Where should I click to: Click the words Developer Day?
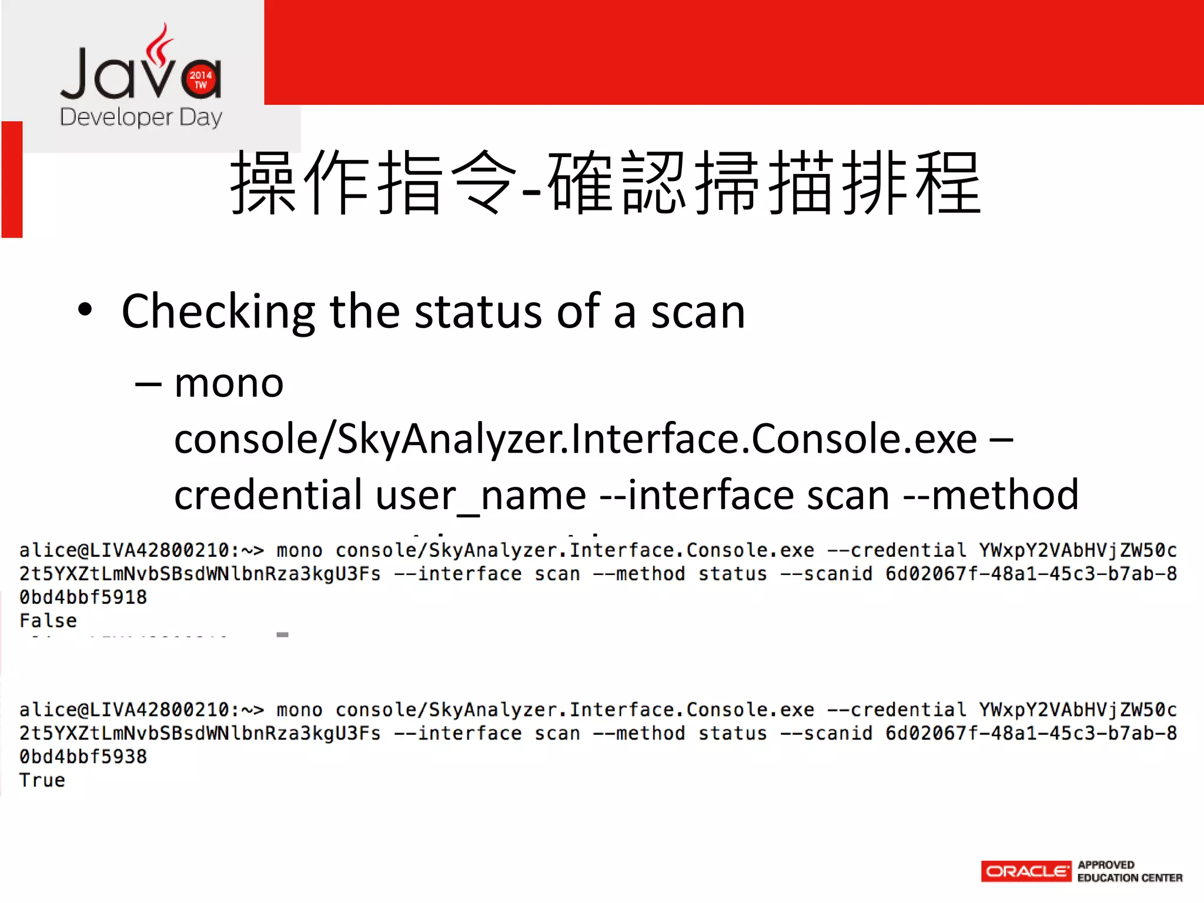click(x=141, y=118)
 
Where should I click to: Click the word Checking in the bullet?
click(x=218, y=312)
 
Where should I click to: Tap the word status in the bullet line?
click(x=478, y=312)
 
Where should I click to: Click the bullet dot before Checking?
click(x=85, y=310)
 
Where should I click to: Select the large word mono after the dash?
click(x=229, y=383)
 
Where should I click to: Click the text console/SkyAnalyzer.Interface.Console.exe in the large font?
click(x=575, y=439)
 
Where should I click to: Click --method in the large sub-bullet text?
click(x=991, y=496)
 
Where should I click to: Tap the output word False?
click(x=48, y=621)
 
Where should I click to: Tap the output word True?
click(x=42, y=780)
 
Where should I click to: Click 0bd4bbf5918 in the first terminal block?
click(x=83, y=597)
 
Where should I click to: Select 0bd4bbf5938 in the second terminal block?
click(x=83, y=757)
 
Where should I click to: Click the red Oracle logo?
click(x=1026, y=871)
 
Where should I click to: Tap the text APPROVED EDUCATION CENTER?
click(x=1129, y=871)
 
